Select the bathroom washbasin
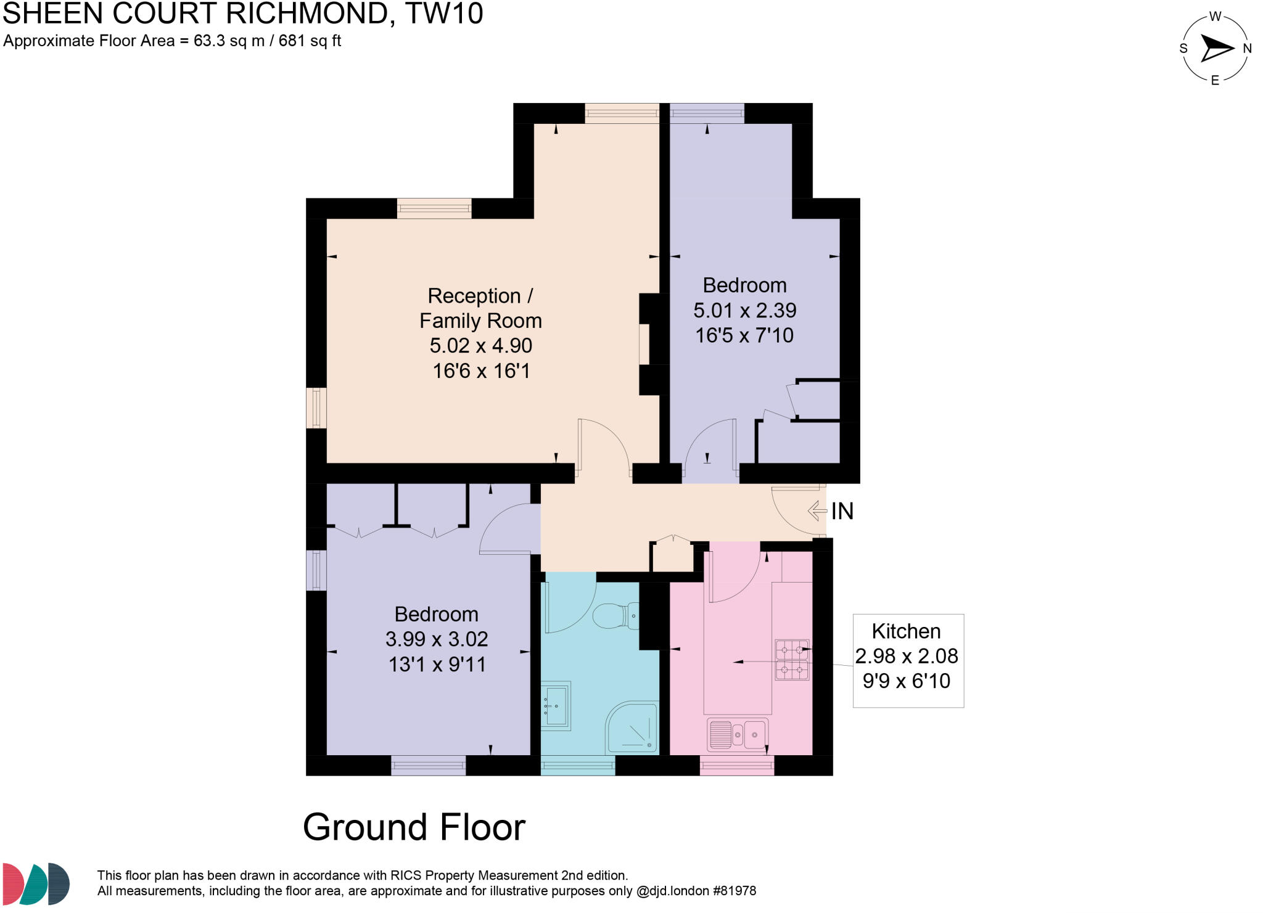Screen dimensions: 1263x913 tap(556, 706)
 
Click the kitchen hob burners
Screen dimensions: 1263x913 tap(792, 660)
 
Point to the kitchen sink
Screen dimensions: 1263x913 tap(738, 734)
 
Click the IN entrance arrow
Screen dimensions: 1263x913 tap(817, 510)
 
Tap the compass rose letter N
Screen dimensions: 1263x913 tap(1247, 49)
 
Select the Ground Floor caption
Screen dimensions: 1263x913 tap(414, 827)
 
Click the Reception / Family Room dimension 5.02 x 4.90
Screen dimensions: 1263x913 tap(481, 345)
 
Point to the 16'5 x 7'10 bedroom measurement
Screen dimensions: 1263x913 tap(744, 335)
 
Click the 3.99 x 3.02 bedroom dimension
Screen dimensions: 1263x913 tap(437, 639)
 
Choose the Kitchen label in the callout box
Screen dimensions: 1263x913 tap(906, 631)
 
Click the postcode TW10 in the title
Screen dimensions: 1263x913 tap(444, 14)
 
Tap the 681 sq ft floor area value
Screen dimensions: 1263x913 tap(310, 41)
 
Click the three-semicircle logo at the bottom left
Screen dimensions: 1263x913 tap(36, 883)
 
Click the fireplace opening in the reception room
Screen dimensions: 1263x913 tap(644, 344)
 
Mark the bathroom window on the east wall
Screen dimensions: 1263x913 tap(578, 765)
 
